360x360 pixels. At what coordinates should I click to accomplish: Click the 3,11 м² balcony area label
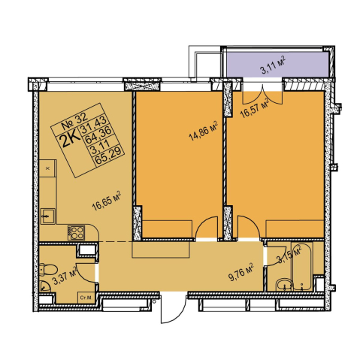click(274, 65)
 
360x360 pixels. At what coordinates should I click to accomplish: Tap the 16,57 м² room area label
click(254, 108)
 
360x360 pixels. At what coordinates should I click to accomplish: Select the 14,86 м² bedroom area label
click(203, 131)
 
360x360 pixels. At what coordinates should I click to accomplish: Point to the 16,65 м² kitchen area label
click(107, 201)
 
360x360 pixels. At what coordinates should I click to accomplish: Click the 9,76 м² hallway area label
click(242, 272)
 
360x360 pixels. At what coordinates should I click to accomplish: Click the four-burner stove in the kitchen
click(76, 232)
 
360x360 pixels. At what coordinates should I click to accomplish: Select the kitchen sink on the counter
click(47, 216)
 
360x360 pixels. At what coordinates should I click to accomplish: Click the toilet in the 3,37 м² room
click(48, 270)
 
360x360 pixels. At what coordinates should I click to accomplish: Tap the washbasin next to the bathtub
click(284, 285)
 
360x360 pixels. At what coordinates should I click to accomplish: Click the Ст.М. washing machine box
click(86, 298)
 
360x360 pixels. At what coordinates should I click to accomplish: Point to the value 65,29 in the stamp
click(110, 156)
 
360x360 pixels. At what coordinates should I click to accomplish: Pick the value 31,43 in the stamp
click(92, 125)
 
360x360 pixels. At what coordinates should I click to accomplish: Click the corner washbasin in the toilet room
click(44, 286)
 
